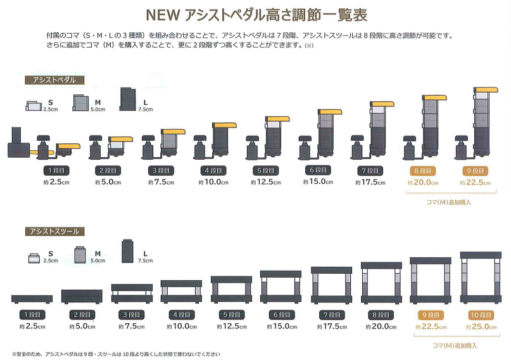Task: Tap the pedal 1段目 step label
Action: [x=56, y=170]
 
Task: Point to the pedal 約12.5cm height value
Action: [x=267, y=182]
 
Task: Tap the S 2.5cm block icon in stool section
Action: [x=35, y=257]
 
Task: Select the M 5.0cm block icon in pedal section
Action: [x=80, y=103]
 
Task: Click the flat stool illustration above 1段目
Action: [x=31, y=299]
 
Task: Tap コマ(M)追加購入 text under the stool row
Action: [x=454, y=345]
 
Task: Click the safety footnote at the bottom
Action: [x=117, y=354]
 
